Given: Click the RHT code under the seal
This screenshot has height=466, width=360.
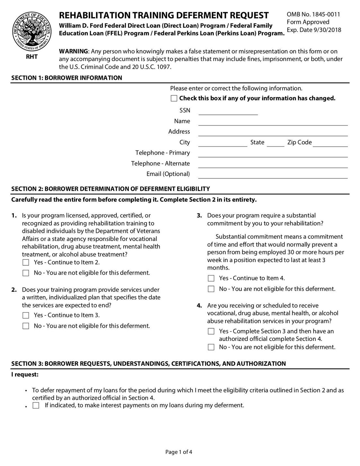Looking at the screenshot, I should click(32, 57).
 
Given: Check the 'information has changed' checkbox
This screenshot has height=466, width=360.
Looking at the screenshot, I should click(174, 98).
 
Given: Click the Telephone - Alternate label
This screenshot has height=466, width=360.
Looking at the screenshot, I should click(160, 163).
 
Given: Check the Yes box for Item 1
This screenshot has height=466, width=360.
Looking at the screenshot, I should click(26, 262).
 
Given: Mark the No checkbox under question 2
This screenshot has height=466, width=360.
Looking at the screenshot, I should click(26, 326).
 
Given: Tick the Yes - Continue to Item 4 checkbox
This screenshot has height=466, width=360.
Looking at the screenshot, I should click(211, 279).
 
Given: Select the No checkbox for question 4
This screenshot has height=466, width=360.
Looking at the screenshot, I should click(211, 347).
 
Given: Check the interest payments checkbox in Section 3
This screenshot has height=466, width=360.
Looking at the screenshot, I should click(36, 406).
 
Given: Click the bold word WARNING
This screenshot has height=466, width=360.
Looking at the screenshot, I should click(73, 51).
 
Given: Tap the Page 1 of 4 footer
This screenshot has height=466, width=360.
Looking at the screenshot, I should click(179, 452).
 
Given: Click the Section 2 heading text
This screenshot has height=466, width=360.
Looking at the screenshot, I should click(111, 189).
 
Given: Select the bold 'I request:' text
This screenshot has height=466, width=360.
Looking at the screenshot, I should click(25, 375).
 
